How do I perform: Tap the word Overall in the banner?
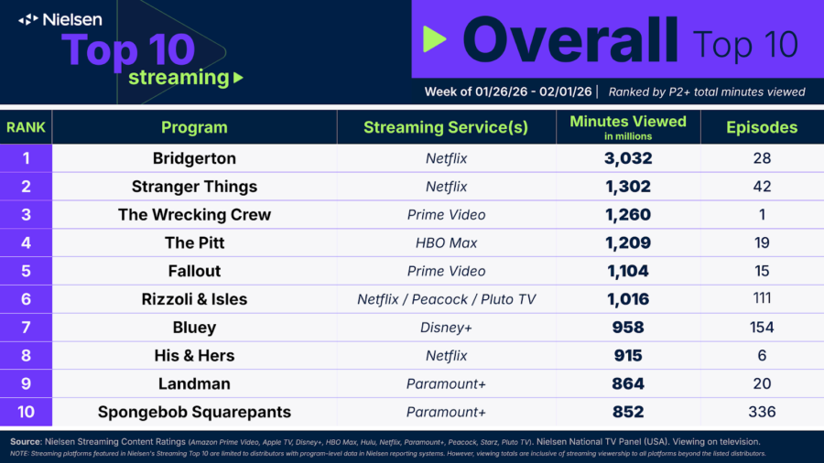click(569, 40)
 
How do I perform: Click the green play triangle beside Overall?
click(434, 38)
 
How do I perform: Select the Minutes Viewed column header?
click(627, 122)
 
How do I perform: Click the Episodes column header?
click(762, 127)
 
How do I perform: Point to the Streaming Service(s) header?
click(446, 127)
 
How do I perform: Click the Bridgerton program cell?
click(194, 158)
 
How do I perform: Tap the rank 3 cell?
click(27, 215)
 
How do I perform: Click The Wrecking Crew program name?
click(194, 215)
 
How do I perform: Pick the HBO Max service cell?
click(446, 243)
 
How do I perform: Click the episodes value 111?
click(762, 298)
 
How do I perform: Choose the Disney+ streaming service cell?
click(446, 328)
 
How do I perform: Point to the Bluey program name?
click(194, 328)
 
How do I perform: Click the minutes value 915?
click(627, 355)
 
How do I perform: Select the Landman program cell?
click(194, 383)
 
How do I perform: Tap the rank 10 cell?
click(27, 412)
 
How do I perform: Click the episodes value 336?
click(762, 412)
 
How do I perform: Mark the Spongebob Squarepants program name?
click(194, 412)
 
